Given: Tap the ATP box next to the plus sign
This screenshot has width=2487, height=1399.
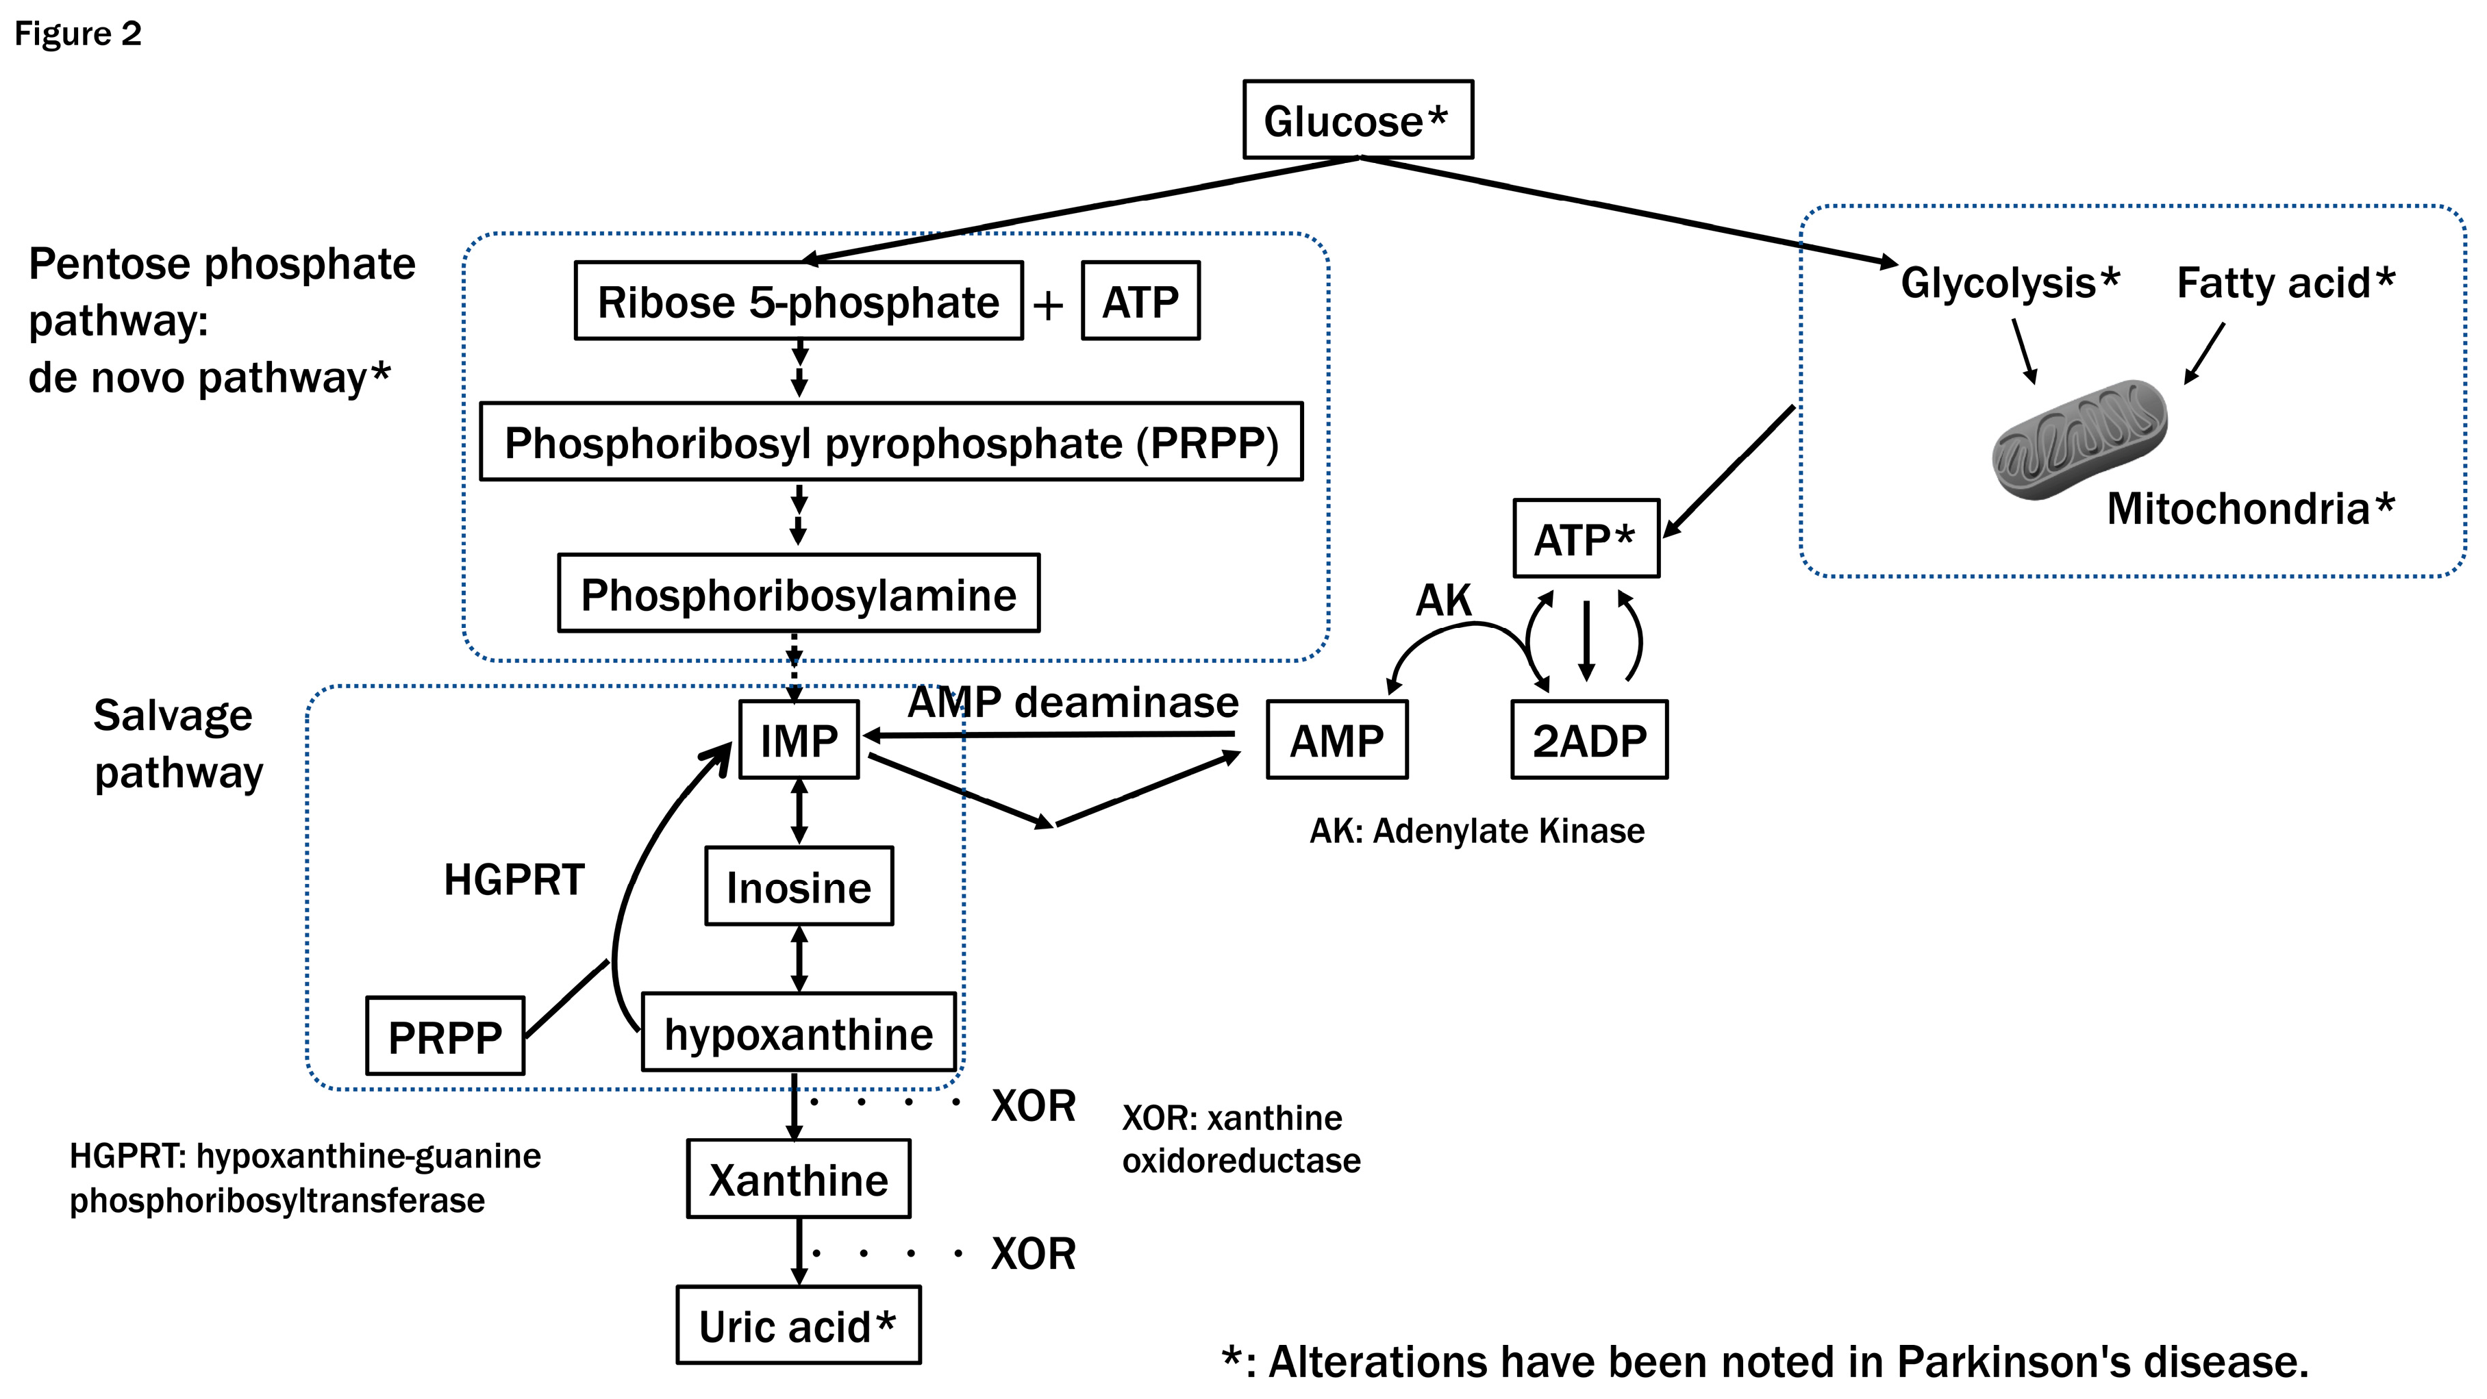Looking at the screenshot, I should click(1140, 301).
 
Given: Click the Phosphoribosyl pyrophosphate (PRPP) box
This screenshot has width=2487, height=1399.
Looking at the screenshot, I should click(890, 442).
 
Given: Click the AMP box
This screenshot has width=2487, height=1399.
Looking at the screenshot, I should click(1336, 740).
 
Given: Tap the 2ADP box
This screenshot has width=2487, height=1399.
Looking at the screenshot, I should click(1588, 740).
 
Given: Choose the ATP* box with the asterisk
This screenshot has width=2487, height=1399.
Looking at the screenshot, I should click(1585, 539).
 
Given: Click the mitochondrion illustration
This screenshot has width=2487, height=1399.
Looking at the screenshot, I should click(2079, 440).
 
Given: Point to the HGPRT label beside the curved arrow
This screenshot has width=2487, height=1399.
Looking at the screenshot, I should click(514, 879).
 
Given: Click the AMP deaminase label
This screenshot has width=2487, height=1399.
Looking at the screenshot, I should click(1072, 702).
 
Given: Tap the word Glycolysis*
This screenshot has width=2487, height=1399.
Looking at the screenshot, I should click(2009, 283).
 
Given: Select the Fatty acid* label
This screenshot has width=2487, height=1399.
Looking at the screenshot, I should click(2284, 283).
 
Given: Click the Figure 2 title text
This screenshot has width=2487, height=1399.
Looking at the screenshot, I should click(77, 34).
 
